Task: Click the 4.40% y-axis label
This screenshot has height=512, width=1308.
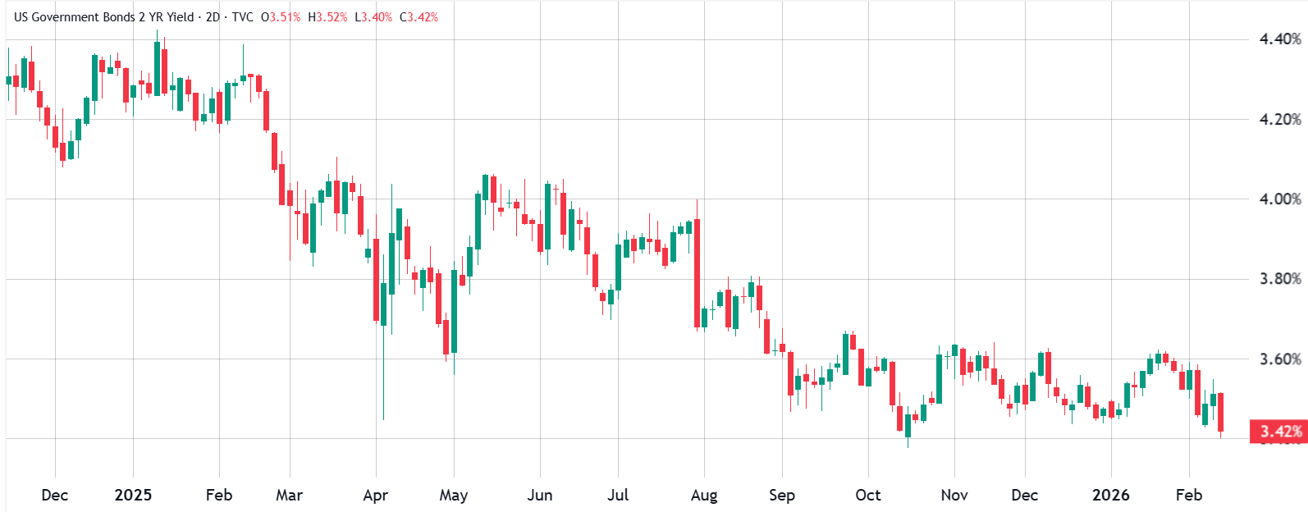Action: click(1280, 39)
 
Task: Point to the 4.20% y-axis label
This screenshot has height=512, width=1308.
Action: click(1280, 120)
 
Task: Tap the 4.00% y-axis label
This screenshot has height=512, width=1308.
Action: click(1280, 199)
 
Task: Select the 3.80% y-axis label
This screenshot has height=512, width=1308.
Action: click(1280, 279)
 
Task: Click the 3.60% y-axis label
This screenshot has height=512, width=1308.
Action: click(1280, 359)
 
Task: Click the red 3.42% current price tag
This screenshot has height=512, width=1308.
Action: click(1278, 432)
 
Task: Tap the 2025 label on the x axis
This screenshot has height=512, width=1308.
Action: click(133, 496)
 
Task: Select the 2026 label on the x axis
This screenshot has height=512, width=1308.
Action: click(1110, 496)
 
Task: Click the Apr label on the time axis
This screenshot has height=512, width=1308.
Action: click(375, 496)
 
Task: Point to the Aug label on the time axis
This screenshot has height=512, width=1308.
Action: click(704, 496)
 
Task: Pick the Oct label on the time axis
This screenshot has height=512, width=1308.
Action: click(867, 496)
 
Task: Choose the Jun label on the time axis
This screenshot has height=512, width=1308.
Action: click(539, 496)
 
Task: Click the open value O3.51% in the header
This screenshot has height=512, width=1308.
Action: click(281, 17)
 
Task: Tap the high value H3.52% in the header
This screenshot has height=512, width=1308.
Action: click(327, 17)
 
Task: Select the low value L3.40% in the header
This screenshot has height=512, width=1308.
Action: click(373, 17)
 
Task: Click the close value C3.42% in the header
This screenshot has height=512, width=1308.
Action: click(418, 17)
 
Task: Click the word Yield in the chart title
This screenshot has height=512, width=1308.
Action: click(179, 17)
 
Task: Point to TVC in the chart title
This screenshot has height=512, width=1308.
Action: click(242, 17)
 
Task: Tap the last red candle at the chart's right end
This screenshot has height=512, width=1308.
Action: click(1221, 412)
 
